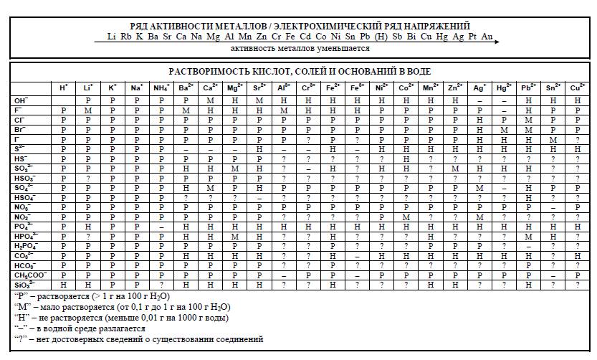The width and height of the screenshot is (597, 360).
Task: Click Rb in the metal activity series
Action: (x=125, y=36)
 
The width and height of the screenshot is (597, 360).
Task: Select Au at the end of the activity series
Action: (x=487, y=36)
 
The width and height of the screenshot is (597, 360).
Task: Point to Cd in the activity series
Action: (x=305, y=36)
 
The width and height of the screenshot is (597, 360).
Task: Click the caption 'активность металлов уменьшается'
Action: (x=300, y=49)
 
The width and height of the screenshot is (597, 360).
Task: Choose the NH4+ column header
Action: (x=161, y=87)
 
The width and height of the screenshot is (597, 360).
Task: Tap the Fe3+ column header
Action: (x=357, y=87)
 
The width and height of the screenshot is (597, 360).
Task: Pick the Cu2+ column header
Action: (x=577, y=87)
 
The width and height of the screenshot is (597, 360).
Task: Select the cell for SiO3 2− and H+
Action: (x=64, y=284)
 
